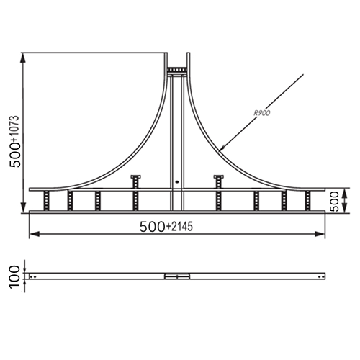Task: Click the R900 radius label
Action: [262, 113]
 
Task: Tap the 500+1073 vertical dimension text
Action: [14, 142]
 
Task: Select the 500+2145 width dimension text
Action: [166, 227]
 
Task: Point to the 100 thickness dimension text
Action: [14, 277]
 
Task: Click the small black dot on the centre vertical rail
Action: [177, 181]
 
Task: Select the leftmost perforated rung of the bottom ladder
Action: [46, 201]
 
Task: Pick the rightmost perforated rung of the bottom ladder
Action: [307, 201]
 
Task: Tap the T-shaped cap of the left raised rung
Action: [135, 177]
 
